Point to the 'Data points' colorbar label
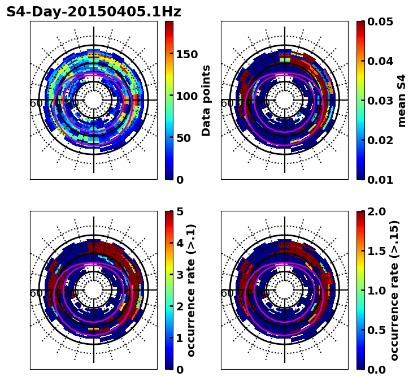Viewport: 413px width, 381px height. pos(206,101)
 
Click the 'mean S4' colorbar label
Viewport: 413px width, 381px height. pos(402,101)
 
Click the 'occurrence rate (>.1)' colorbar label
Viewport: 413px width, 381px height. pos(192,290)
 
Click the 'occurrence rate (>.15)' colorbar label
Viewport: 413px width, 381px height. pos(394,290)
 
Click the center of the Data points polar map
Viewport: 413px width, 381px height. pos(94,100)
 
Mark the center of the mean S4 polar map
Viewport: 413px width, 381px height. pos(285,100)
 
